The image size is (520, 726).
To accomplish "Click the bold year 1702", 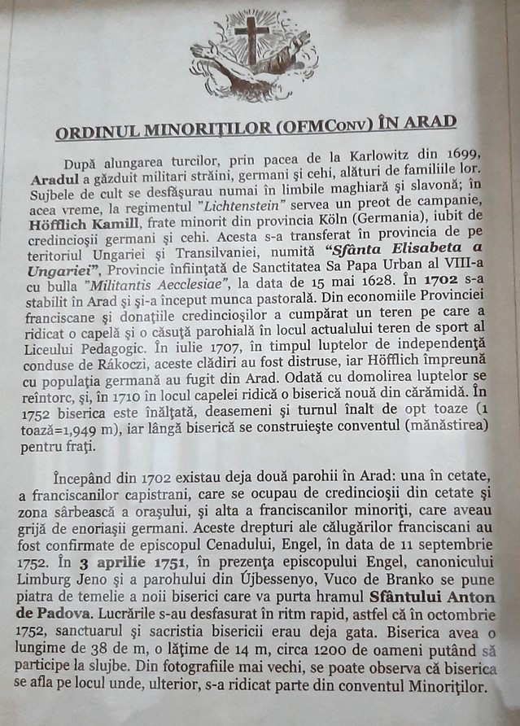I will coord(436,280).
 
